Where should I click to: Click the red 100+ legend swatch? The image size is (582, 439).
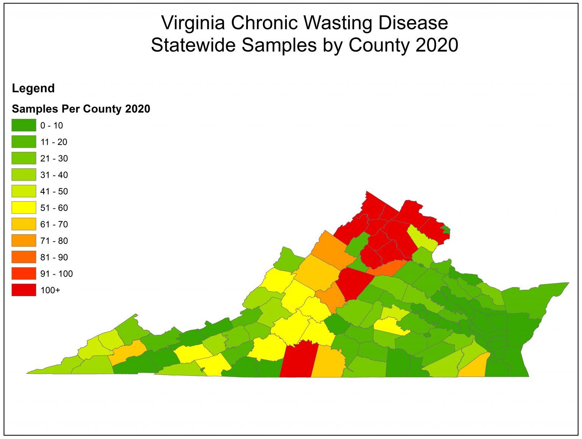coord(23,290)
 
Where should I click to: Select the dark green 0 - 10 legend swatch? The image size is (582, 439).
coord(23,125)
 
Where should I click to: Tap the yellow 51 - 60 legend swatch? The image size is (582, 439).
coord(23,208)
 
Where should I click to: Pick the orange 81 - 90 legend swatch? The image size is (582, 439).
coord(23,257)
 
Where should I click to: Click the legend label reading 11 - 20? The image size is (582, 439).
coord(54,142)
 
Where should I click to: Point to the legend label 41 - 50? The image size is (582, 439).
coord(54,191)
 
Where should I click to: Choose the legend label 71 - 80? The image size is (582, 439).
coord(54,241)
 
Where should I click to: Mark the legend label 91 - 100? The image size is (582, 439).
coord(56,274)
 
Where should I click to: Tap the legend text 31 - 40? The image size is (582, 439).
coord(54,175)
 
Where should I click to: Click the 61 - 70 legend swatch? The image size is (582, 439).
coord(23,224)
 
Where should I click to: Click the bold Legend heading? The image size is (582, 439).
coord(33,88)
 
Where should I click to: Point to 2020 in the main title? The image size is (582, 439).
coord(436,45)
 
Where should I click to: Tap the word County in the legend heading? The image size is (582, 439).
coord(102,109)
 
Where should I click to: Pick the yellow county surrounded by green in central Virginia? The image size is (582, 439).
coord(390,327)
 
